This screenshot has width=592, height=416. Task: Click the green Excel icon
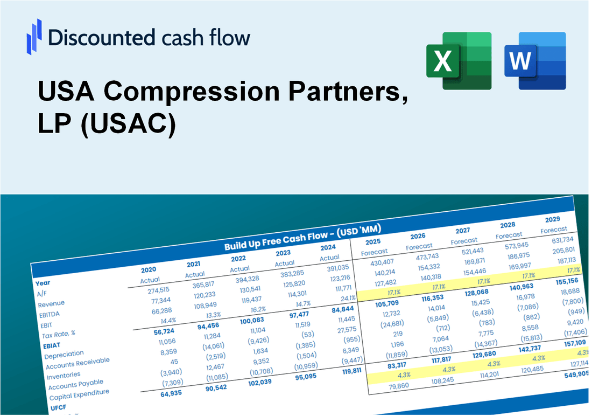(459, 60)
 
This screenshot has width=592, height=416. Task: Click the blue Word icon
(535, 60)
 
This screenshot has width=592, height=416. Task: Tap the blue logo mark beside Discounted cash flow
(34, 35)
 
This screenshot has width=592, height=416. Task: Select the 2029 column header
(553, 219)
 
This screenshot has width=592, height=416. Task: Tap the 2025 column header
(373, 241)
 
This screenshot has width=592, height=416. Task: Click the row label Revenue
(51, 303)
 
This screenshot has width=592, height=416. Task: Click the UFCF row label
(59, 407)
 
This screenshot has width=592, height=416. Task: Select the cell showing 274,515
(154, 290)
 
